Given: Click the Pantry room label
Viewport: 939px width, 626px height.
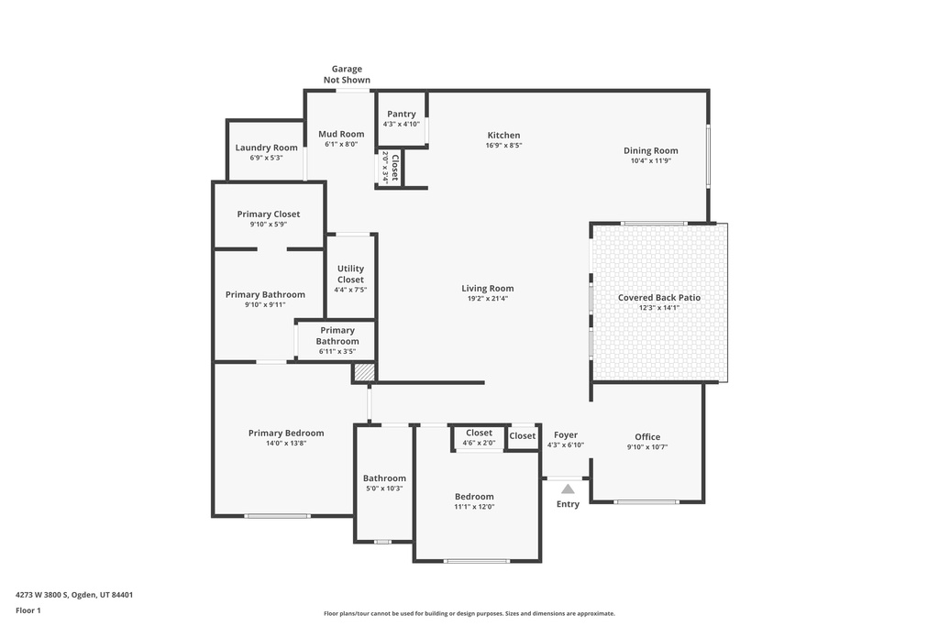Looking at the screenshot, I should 401,114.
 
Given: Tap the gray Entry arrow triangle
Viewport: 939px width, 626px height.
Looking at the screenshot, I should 568,489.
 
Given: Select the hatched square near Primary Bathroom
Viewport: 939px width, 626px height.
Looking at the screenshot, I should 364,372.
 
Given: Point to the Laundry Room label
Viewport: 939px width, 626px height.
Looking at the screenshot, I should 266,148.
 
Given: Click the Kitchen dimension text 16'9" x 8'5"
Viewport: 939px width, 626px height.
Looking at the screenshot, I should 503,145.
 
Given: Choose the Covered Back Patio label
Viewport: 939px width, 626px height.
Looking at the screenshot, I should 658,297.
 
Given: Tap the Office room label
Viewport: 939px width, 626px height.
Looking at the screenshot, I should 647,436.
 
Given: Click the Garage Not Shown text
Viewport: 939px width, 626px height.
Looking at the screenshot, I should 347,74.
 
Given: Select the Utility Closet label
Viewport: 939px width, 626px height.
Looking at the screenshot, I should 350,274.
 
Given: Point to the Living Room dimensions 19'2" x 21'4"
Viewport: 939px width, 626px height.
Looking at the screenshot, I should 487,298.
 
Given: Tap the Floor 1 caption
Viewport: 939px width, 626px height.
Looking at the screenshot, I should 28,610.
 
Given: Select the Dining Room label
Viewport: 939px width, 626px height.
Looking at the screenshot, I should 650,150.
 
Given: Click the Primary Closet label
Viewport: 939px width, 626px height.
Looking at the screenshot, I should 268,214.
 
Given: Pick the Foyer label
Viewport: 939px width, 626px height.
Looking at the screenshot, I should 566,435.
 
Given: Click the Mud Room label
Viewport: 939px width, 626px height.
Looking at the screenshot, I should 341,134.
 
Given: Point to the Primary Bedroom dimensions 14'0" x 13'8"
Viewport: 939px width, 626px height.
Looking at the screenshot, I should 286,443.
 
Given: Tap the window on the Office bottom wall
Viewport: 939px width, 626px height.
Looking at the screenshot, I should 646,501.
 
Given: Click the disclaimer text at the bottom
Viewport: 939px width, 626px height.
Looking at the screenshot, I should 469,613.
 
